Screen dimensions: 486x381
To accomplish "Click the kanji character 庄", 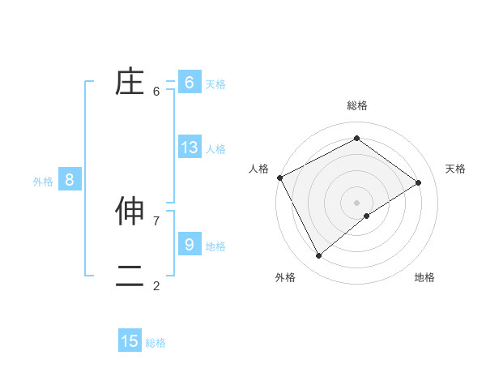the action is tap(130, 83).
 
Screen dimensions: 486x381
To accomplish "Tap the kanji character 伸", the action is tap(130, 211).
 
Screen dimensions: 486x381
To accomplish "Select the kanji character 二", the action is tap(130, 276).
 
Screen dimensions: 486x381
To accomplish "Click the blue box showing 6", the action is tap(190, 83).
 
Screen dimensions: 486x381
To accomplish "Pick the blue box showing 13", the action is tap(190, 148).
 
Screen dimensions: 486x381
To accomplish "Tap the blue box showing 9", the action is tap(190, 244).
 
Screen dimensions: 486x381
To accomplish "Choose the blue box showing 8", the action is tap(70, 180).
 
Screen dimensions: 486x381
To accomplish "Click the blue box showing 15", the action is tap(130, 341).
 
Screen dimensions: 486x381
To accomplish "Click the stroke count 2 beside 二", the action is tap(156, 285).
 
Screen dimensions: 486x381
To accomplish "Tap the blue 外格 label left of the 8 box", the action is tap(43, 182).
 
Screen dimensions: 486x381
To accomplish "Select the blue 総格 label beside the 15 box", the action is tap(156, 343).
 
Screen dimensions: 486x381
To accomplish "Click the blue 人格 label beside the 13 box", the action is tap(215, 149).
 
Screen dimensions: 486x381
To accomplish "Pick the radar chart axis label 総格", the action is tap(357, 105).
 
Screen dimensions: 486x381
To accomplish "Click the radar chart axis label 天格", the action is tap(456, 169).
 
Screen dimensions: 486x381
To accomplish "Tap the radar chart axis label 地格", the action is tap(424, 277).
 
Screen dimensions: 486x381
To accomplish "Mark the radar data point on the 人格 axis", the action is tap(279, 178).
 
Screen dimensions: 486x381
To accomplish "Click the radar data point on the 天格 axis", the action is tap(419, 182).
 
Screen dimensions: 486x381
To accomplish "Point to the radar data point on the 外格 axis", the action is tap(319, 256).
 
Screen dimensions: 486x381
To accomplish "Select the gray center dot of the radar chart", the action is tap(357, 202).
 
